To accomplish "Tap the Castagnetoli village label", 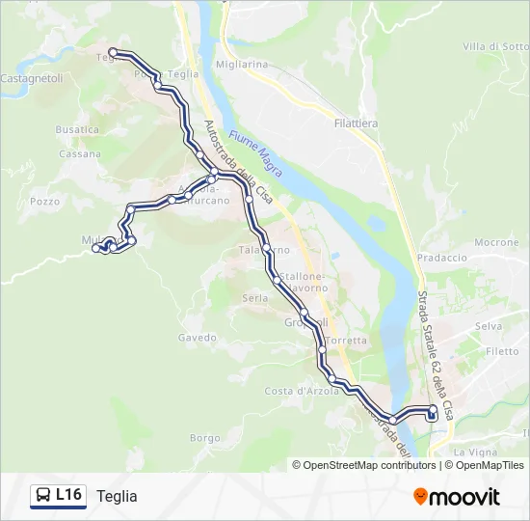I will [x=31, y=78].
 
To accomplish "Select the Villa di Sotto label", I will [x=495, y=46].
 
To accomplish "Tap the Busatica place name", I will [x=77, y=129].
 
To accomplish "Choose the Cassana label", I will [x=80, y=153].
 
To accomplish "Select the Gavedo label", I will [x=198, y=338].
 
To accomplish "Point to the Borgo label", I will [x=205, y=437].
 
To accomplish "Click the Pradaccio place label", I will [x=442, y=258].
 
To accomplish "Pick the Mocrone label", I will [x=496, y=242].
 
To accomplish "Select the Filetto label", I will [x=501, y=351].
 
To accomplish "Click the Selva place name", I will [x=489, y=327].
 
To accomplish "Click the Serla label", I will [x=255, y=298].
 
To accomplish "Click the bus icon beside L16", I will [x=43, y=496].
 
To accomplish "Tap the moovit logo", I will [x=457, y=496].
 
